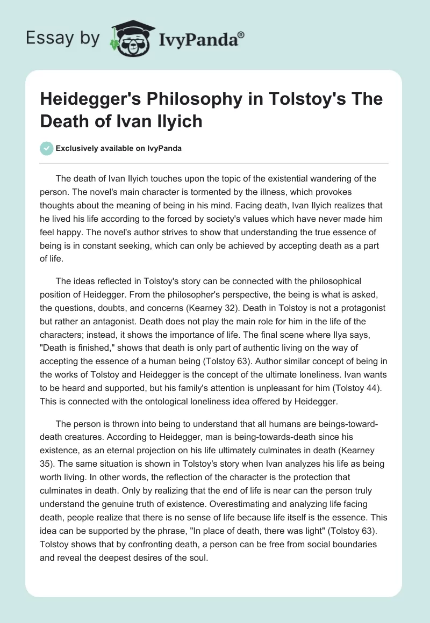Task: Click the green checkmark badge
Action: click(47, 149)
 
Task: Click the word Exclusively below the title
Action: click(78, 149)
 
